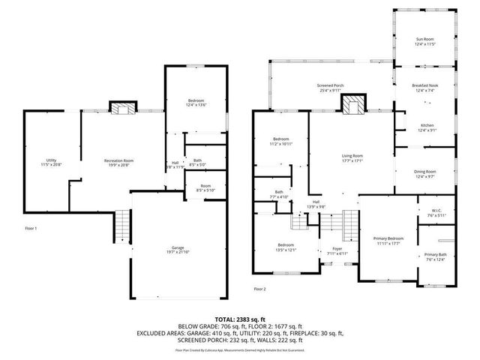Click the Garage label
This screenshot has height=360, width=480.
(177, 248)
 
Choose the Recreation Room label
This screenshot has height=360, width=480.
(118, 161)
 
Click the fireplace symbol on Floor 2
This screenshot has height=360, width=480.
(352, 106)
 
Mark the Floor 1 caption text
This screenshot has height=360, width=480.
(31, 228)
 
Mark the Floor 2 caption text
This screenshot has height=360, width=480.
(259, 288)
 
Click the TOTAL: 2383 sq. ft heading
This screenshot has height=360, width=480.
(240, 319)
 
